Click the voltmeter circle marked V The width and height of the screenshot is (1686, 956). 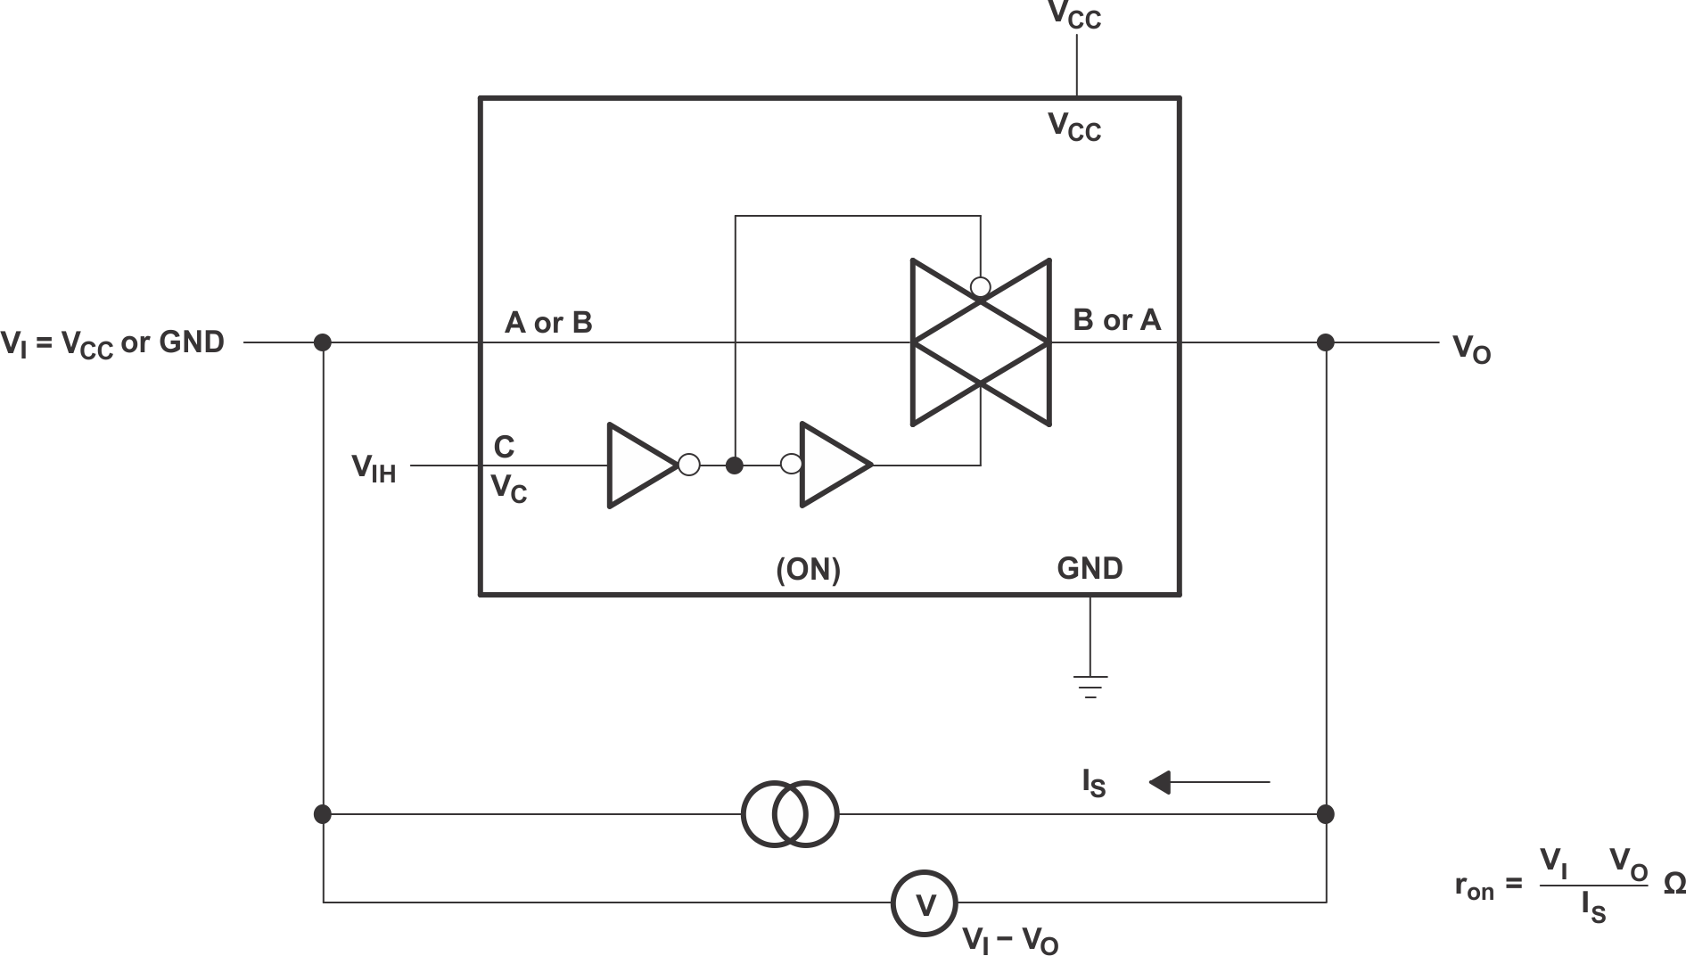[925, 903]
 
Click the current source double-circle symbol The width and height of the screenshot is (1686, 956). [790, 813]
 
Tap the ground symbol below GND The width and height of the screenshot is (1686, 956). [1090, 686]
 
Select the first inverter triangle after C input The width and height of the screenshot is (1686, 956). [640, 465]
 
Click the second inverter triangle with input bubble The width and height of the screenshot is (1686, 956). [833, 465]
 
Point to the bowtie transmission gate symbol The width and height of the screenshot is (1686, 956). [980, 342]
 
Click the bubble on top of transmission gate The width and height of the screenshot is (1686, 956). [980, 287]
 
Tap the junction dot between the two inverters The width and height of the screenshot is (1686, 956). [734, 465]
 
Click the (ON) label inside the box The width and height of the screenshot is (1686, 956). [808, 569]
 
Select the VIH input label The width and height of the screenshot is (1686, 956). [374, 467]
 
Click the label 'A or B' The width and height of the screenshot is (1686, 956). [548, 322]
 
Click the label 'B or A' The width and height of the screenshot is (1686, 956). [1116, 319]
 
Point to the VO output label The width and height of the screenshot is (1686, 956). [1471, 348]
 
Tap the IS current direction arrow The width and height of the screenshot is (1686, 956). [1208, 782]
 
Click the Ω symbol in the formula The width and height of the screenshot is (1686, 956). [1674, 884]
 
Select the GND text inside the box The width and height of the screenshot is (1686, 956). [1090, 568]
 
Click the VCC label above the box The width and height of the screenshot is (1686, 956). [1074, 15]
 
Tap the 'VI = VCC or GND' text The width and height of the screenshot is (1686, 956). [112, 343]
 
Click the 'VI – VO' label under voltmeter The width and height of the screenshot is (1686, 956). [1010, 940]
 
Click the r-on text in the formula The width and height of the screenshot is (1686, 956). [1474, 886]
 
